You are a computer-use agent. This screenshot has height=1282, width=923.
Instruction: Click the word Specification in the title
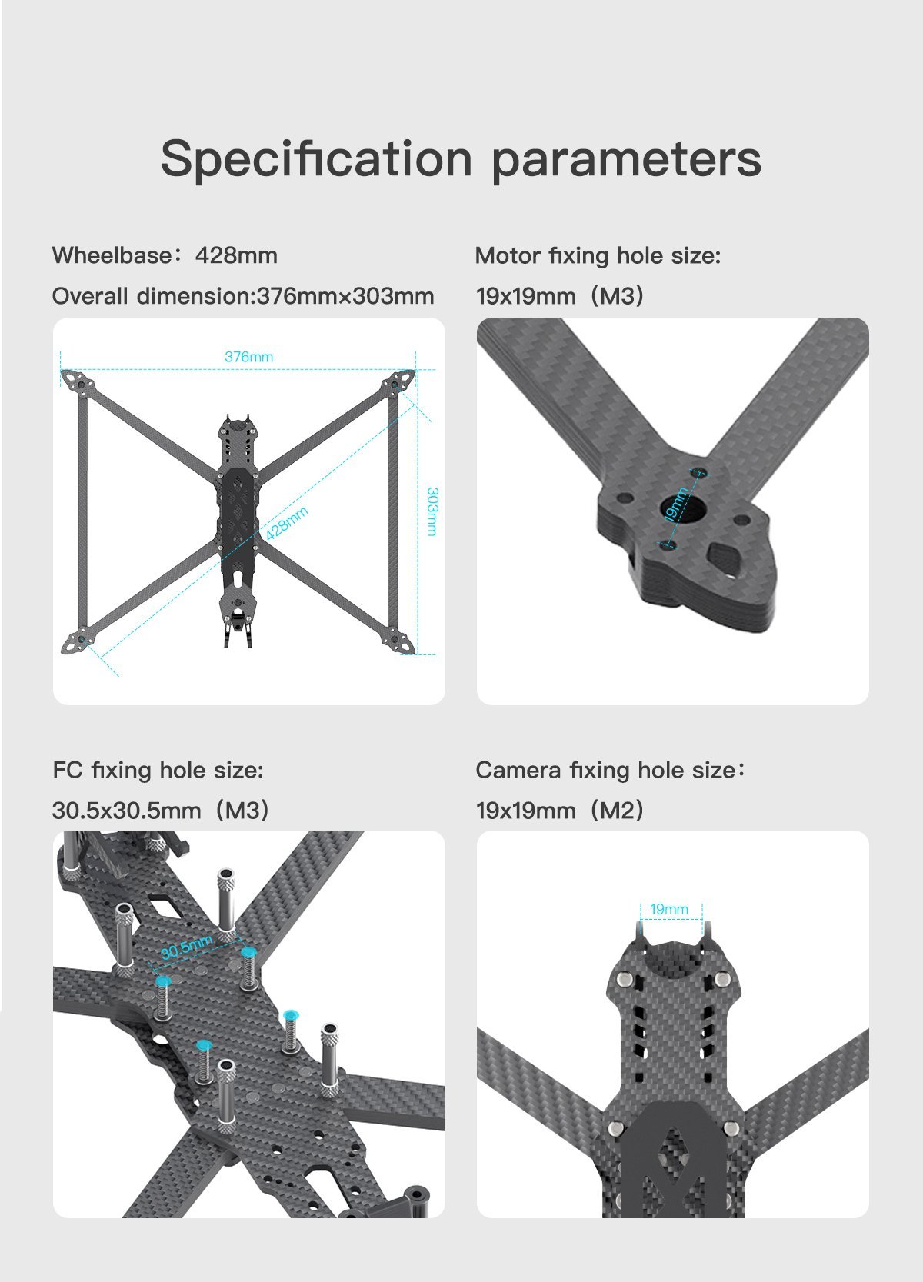[315, 159]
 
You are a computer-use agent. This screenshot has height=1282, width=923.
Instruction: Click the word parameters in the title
[626, 159]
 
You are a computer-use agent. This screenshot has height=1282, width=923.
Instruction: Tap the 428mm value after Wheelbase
[236, 255]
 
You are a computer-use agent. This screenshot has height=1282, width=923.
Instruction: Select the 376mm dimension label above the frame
[248, 357]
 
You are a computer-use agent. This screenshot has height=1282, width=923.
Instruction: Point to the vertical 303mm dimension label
[432, 511]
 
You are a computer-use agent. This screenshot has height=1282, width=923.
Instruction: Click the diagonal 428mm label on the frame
[287, 523]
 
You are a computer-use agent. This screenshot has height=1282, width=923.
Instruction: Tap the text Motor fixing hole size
[598, 255]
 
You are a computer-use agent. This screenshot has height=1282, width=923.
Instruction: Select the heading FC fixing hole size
[158, 770]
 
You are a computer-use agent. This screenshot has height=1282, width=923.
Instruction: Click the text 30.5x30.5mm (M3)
[160, 810]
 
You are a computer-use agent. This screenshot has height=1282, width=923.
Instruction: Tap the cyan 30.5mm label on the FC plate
[186, 947]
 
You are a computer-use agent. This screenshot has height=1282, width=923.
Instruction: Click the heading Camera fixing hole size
[610, 770]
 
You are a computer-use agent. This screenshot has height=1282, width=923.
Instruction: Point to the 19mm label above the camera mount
[669, 909]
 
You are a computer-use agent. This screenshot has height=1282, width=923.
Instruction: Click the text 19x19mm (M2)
[559, 810]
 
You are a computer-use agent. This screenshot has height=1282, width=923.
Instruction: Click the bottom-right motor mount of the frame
[400, 641]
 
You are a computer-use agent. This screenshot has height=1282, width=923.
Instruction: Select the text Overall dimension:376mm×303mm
[242, 296]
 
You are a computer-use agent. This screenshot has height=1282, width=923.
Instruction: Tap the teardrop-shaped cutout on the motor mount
[727, 558]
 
